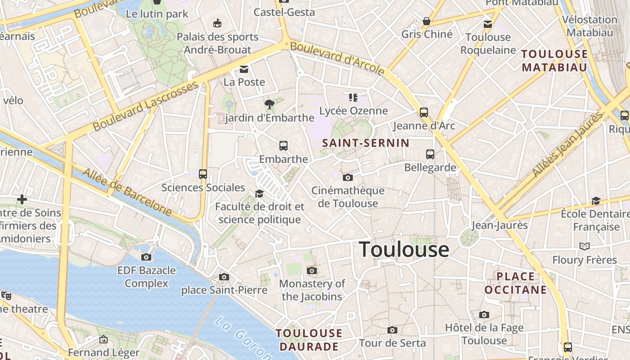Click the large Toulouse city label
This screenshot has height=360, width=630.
click(x=404, y=250)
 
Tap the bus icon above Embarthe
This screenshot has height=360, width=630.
click(x=283, y=146)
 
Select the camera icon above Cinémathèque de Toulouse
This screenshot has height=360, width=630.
click(x=347, y=177)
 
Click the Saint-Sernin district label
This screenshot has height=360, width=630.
click(x=366, y=144)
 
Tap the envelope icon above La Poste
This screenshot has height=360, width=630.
click(x=244, y=69)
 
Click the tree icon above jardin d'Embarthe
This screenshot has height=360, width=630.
click(x=270, y=105)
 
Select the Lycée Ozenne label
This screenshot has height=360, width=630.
click(x=353, y=111)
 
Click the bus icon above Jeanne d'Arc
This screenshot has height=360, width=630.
click(x=424, y=112)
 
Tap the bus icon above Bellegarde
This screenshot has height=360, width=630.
click(x=430, y=154)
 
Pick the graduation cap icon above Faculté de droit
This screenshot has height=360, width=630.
click(x=259, y=193)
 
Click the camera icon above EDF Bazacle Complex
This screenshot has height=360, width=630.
click(x=146, y=257)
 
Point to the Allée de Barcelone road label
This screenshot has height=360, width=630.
click(x=127, y=192)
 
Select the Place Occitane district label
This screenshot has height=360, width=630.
click(x=516, y=283)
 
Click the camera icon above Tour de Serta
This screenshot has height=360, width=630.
click(x=392, y=330)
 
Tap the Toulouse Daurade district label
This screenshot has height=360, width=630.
click(x=309, y=340)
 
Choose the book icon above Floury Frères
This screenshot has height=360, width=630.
click(x=585, y=247)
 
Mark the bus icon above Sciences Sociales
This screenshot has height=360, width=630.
click(x=203, y=174)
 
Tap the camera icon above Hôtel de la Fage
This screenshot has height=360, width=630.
click(x=484, y=315)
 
